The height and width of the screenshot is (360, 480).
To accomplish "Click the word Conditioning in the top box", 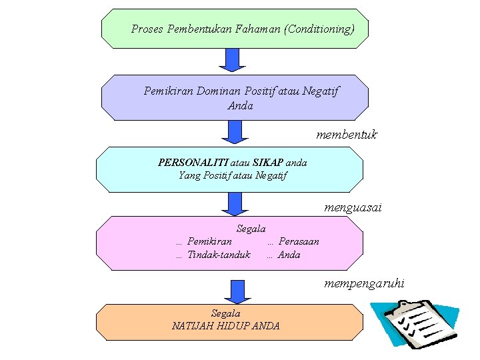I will (x=319, y=29).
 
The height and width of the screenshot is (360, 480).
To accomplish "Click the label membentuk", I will (x=346, y=135).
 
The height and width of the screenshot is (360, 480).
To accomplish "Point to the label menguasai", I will (x=353, y=208).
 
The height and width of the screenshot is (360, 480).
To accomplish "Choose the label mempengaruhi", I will (x=364, y=284).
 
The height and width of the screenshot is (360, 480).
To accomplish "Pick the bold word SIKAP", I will (x=268, y=163).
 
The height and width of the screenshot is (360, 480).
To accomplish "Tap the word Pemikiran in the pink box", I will (x=210, y=241).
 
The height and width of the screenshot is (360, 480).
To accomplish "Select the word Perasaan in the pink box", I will (x=299, y=241).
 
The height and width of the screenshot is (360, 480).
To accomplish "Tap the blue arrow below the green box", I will (x=233, y=60).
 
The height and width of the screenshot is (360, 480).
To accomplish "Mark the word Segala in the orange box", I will (x=225, y=313).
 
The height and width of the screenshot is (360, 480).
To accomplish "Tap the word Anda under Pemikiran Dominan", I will (x=240, y=105).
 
